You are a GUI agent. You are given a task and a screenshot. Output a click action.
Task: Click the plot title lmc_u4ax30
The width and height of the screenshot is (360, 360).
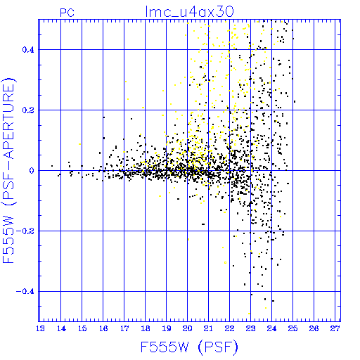pyautogui.click(x=189, y=12)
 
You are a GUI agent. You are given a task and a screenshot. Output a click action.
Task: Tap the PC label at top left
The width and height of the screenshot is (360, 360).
pyautogui.click(x=67, y=13)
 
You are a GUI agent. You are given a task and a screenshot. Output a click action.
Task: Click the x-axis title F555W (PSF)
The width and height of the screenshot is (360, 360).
pyautogui.click(x=189, y=347)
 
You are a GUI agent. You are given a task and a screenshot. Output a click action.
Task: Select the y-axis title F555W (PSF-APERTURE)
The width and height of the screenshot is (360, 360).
pyautogui.click(x=8, y=171)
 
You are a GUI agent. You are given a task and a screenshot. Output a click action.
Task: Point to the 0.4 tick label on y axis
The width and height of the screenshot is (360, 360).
pyautogui.click(x=28, y=50)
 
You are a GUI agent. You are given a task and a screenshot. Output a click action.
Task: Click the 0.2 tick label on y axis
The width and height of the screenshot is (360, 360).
pyautogui.click(x=28, y=110)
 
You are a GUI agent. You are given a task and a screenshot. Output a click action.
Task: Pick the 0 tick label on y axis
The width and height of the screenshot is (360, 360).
pyautogui.click(x=32, y=171)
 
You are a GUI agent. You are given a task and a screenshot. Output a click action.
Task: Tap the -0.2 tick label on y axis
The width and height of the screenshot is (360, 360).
pyautogui.click(x=25, y=231)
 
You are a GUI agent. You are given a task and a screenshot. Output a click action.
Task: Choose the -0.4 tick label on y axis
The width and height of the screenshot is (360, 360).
pyautogui.click(x=25, y=292)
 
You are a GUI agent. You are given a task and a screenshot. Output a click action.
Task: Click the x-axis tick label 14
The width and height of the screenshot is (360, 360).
pyautogui.click(x=61, y=328)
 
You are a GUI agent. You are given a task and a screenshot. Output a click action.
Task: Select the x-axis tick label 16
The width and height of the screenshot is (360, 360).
pyautogui.click(x=103, y=328)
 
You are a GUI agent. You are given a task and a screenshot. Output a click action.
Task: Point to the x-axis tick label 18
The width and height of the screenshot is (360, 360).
pyautogui.click(x=146, y=328)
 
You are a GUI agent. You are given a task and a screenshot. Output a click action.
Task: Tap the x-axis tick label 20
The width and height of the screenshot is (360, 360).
pyautogui.click(x=187, y=328)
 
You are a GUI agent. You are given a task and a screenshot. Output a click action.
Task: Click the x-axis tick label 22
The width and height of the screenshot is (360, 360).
pyautogui.click(x=229, y=328)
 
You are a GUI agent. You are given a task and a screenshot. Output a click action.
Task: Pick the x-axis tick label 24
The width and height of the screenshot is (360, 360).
pyautogui.click(x=271, y=328)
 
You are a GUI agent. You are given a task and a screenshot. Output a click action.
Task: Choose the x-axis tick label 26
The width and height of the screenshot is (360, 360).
pyautogui.click(x=314, y=328)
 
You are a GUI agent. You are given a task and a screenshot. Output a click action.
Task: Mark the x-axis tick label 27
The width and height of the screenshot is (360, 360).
pyautogui.click(x=335, y=328)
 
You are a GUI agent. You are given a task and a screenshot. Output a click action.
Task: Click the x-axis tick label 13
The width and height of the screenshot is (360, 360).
pyautogui.click(x=40, y=328)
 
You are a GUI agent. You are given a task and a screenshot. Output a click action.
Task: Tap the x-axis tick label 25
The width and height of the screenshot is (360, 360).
pyautogui.click(x=292, y=328)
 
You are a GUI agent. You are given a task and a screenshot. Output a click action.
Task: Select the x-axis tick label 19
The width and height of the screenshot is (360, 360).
pyautogui.click(x=167, y=328)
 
